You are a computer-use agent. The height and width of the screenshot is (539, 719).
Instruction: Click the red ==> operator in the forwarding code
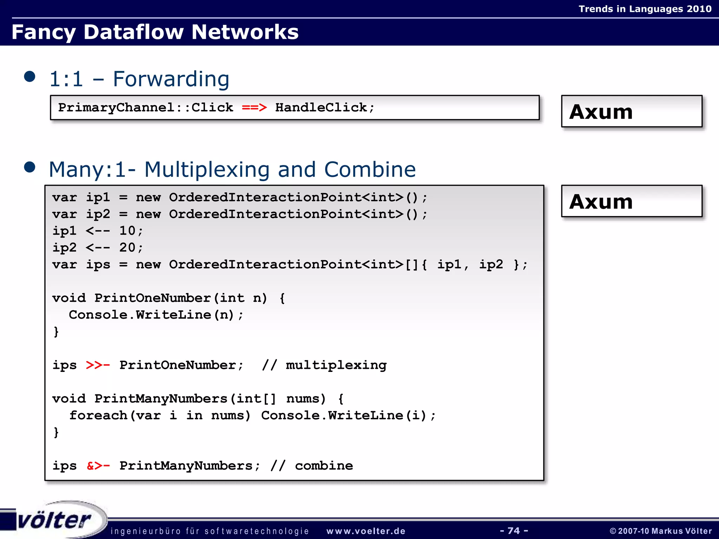(x=254, y=107)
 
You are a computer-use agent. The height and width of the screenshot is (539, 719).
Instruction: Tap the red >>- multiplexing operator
(x=98, y=365)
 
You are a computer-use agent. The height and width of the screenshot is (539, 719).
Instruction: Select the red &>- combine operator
(x=98, y=466)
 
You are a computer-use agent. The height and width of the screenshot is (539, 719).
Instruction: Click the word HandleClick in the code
(x=321, y=107)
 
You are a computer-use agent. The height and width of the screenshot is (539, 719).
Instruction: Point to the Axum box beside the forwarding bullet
(x=631, y=111)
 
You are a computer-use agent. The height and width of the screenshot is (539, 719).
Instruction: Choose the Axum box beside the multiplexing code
(x=631, y=201)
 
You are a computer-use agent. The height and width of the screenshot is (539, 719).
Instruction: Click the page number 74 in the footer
(x=514, y=530)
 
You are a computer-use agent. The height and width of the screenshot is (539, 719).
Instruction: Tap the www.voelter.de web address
(x=366, y=531)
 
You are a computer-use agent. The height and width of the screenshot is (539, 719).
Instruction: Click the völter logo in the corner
(x=54, y=520)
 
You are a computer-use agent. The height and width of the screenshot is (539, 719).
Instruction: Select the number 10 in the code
(x=127, y=231)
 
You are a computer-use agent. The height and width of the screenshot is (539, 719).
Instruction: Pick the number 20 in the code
(x=127, y=247)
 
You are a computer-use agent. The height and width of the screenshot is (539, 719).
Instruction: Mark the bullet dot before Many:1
(x=30, y=167)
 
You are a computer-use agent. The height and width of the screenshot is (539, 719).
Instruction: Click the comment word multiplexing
(x=336, y=365)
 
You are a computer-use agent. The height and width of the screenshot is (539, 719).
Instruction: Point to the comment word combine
(x=324, y=466)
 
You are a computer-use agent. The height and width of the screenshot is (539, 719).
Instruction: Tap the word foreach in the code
(x=98, y=415)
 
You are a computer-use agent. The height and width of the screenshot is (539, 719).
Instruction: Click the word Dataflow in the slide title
(x=133, y=32)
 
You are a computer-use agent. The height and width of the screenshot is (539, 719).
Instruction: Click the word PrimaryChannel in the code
(x=116, y=107)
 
